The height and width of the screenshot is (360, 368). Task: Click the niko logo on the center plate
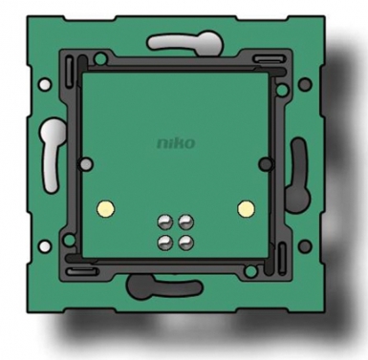tap(176, 143)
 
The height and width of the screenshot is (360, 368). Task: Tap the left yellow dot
tap(106, 208)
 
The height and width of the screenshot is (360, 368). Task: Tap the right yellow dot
tap(246, 208)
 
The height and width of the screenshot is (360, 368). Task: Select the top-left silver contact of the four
tap(165, 222)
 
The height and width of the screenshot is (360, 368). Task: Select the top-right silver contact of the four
tap(186, 222)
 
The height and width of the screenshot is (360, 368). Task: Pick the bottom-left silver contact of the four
tap(165, 243)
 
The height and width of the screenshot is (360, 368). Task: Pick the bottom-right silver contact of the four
tap(186, 243)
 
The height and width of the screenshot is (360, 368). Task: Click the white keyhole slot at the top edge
tap(185, 42)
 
